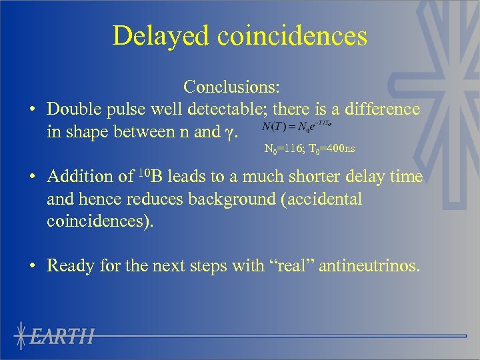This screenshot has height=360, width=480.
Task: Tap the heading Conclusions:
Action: pyautogui.click(x=232, y=87)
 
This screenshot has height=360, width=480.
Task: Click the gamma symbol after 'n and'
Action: pyautogui.click(x=229, y=132)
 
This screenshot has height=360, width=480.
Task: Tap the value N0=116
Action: pyautogui.click(x=281, y=149)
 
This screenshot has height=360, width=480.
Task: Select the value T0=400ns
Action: pyautogui.click(x=331, y=149)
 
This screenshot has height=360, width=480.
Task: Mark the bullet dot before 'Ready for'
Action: pyautogui.click(x=32, y=267)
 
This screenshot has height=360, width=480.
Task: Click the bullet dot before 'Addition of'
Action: pyautogui.click(x=32, y=177)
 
